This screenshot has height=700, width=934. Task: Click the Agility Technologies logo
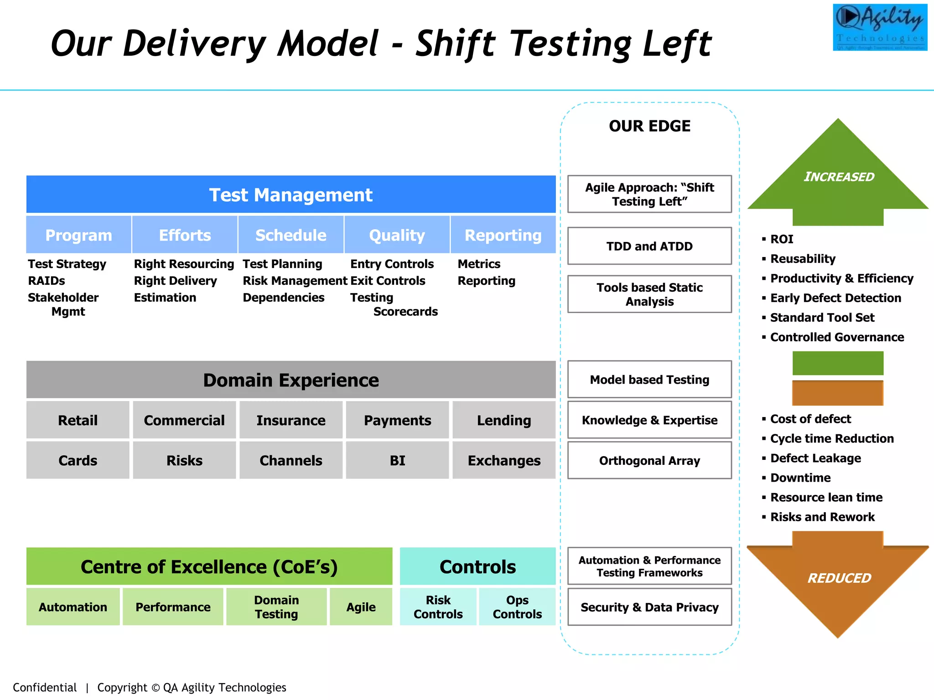coord(880,27)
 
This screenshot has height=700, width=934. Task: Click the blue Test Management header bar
coord(291,195)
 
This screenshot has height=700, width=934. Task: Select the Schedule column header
coord(291,235)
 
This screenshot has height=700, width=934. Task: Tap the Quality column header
coord(397,235)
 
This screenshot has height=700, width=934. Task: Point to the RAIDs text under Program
coord(47,281)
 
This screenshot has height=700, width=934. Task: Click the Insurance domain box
coord(291,420)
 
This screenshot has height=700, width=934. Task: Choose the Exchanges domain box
coord(504,460)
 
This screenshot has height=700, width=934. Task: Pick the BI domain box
coord(397,460)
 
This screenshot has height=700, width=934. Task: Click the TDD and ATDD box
coord(649,246)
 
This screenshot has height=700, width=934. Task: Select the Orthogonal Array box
coord(649,460)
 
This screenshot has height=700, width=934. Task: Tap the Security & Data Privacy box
coord(649,607)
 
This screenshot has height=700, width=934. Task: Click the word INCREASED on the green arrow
coord(839,177)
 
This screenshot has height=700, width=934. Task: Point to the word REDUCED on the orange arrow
coord(839,578)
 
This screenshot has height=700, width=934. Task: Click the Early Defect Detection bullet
coord(835,298)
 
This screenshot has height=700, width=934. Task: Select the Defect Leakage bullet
coord(815,458)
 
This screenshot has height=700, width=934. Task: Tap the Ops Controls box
coord(517,607)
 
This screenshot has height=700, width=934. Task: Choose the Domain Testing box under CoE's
coord(276,607)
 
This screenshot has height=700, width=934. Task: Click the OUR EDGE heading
coord(649,126)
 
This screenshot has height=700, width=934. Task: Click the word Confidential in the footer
coord(45,687)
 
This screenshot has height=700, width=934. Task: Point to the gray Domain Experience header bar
coord(291,380)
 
